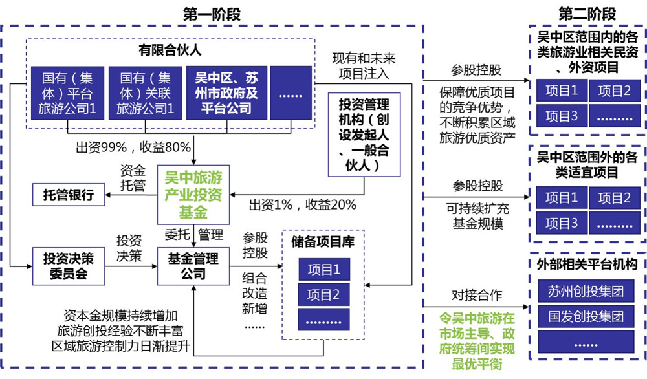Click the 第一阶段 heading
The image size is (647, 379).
[212, 12]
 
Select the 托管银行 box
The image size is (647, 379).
[69, 194]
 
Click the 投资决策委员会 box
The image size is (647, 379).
[69, 265]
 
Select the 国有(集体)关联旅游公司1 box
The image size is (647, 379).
[145, 93]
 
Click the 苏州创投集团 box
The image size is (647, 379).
[586, 291]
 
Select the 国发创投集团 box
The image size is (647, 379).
[586, 318]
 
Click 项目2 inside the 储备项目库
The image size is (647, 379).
[323, 295]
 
